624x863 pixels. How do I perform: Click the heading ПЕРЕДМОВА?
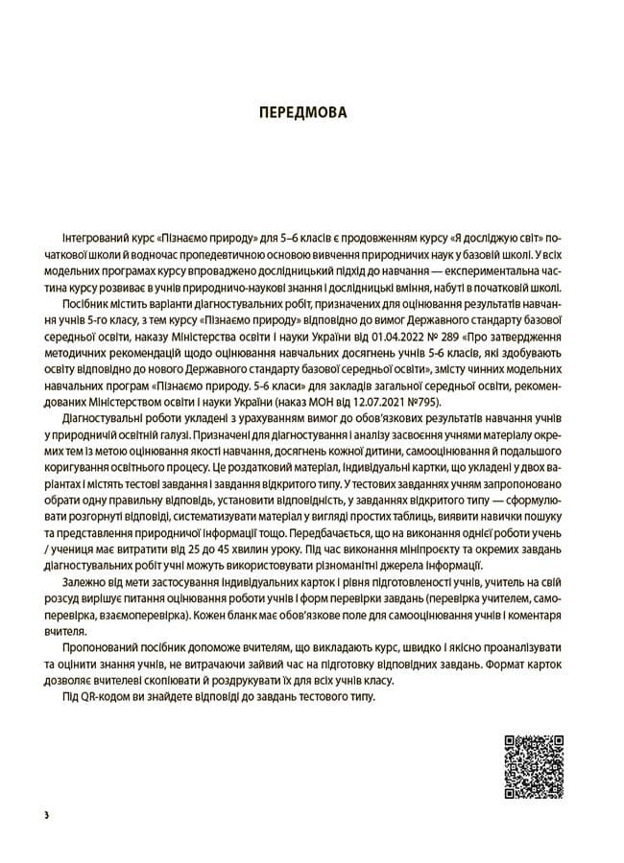point(311,112)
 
